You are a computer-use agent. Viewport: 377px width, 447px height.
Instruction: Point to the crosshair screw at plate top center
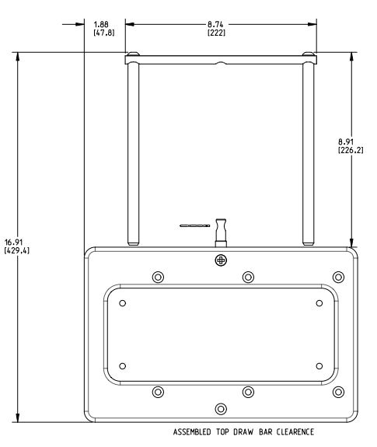tap(221, 260)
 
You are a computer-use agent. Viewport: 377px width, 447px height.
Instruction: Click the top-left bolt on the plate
tap(159, 277)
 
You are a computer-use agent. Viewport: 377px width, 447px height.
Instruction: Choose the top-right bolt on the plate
tap(337, 277)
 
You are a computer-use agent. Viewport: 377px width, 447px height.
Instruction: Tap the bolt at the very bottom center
tap(221, 409)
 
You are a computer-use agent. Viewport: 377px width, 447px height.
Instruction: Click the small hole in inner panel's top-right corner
tap(319, 301)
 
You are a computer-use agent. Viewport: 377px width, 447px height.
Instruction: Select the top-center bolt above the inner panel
tap(248, 277)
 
